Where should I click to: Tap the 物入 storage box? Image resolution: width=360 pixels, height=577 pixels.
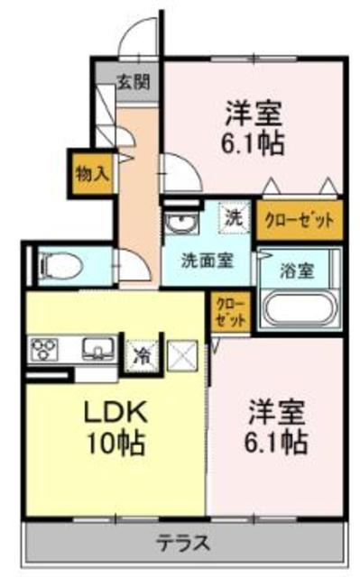[93, 172]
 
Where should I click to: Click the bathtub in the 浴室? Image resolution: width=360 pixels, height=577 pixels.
[300, 307]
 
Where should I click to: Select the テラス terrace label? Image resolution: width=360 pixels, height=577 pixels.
[183, 544]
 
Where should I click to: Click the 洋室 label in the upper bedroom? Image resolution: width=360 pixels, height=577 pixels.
[254, 114]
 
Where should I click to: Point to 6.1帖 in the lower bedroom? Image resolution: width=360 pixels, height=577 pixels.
[277, 443]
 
